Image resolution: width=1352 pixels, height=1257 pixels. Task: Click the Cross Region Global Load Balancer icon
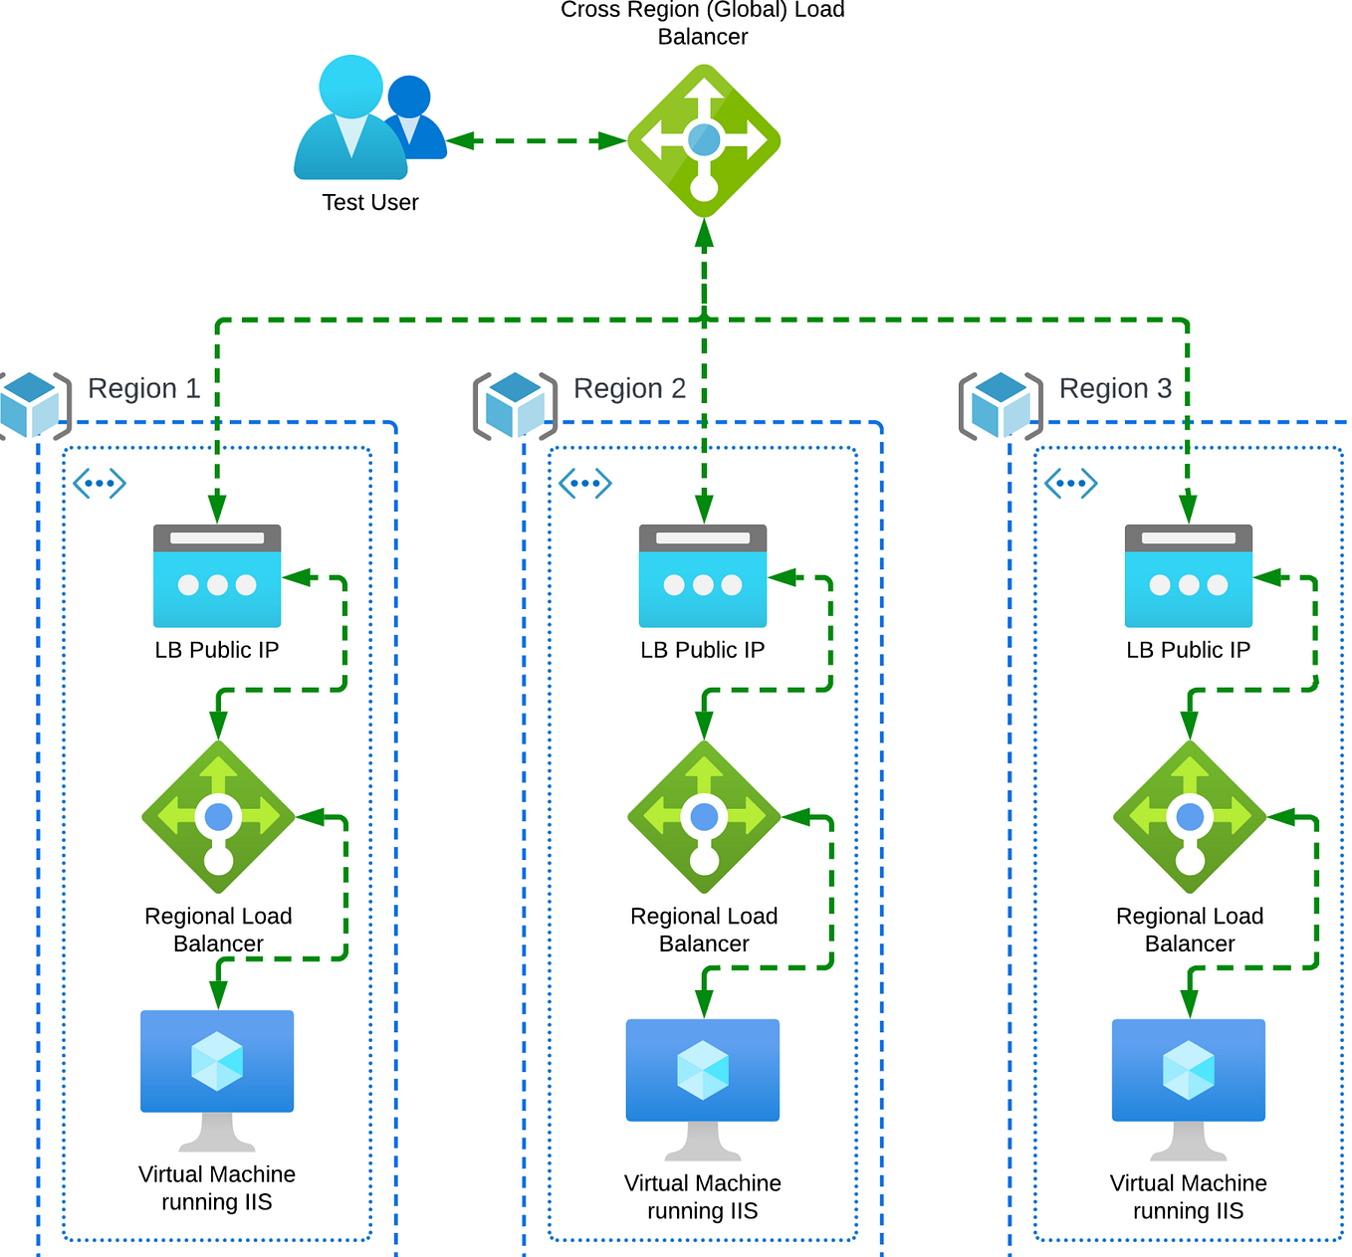[704, 140]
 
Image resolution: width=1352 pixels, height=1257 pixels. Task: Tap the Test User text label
[370, 202]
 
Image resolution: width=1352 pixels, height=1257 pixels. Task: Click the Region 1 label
[143, 388]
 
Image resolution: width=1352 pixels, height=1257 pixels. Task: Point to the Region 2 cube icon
[515, 405]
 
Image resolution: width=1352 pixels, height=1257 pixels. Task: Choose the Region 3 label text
[1115, 388]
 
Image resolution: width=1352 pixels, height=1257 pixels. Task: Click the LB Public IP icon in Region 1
[217, 575]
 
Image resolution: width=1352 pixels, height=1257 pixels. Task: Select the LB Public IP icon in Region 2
[703, 575]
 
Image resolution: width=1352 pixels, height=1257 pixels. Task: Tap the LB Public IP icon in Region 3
[1189, 575]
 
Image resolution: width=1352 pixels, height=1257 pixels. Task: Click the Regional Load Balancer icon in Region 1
[218, 817]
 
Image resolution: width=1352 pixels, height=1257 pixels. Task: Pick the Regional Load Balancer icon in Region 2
[704, 817]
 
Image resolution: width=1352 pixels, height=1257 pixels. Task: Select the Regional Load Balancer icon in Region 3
[1190, 817]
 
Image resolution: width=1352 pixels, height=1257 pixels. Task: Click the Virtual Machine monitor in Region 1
[217, 1070]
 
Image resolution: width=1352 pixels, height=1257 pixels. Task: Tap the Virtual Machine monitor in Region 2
[703, 1079]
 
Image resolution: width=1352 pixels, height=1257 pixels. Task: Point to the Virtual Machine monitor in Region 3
[1189, 1079]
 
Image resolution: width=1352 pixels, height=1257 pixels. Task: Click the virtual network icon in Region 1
[100, 484]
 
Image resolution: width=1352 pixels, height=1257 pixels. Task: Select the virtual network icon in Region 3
[1071, 484]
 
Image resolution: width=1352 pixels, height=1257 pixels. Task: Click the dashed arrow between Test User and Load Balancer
[537, 141]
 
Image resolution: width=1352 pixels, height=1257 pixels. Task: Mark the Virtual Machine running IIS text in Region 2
[703, 1196]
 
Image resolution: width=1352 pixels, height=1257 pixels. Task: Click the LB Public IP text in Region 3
[1189, 650]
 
